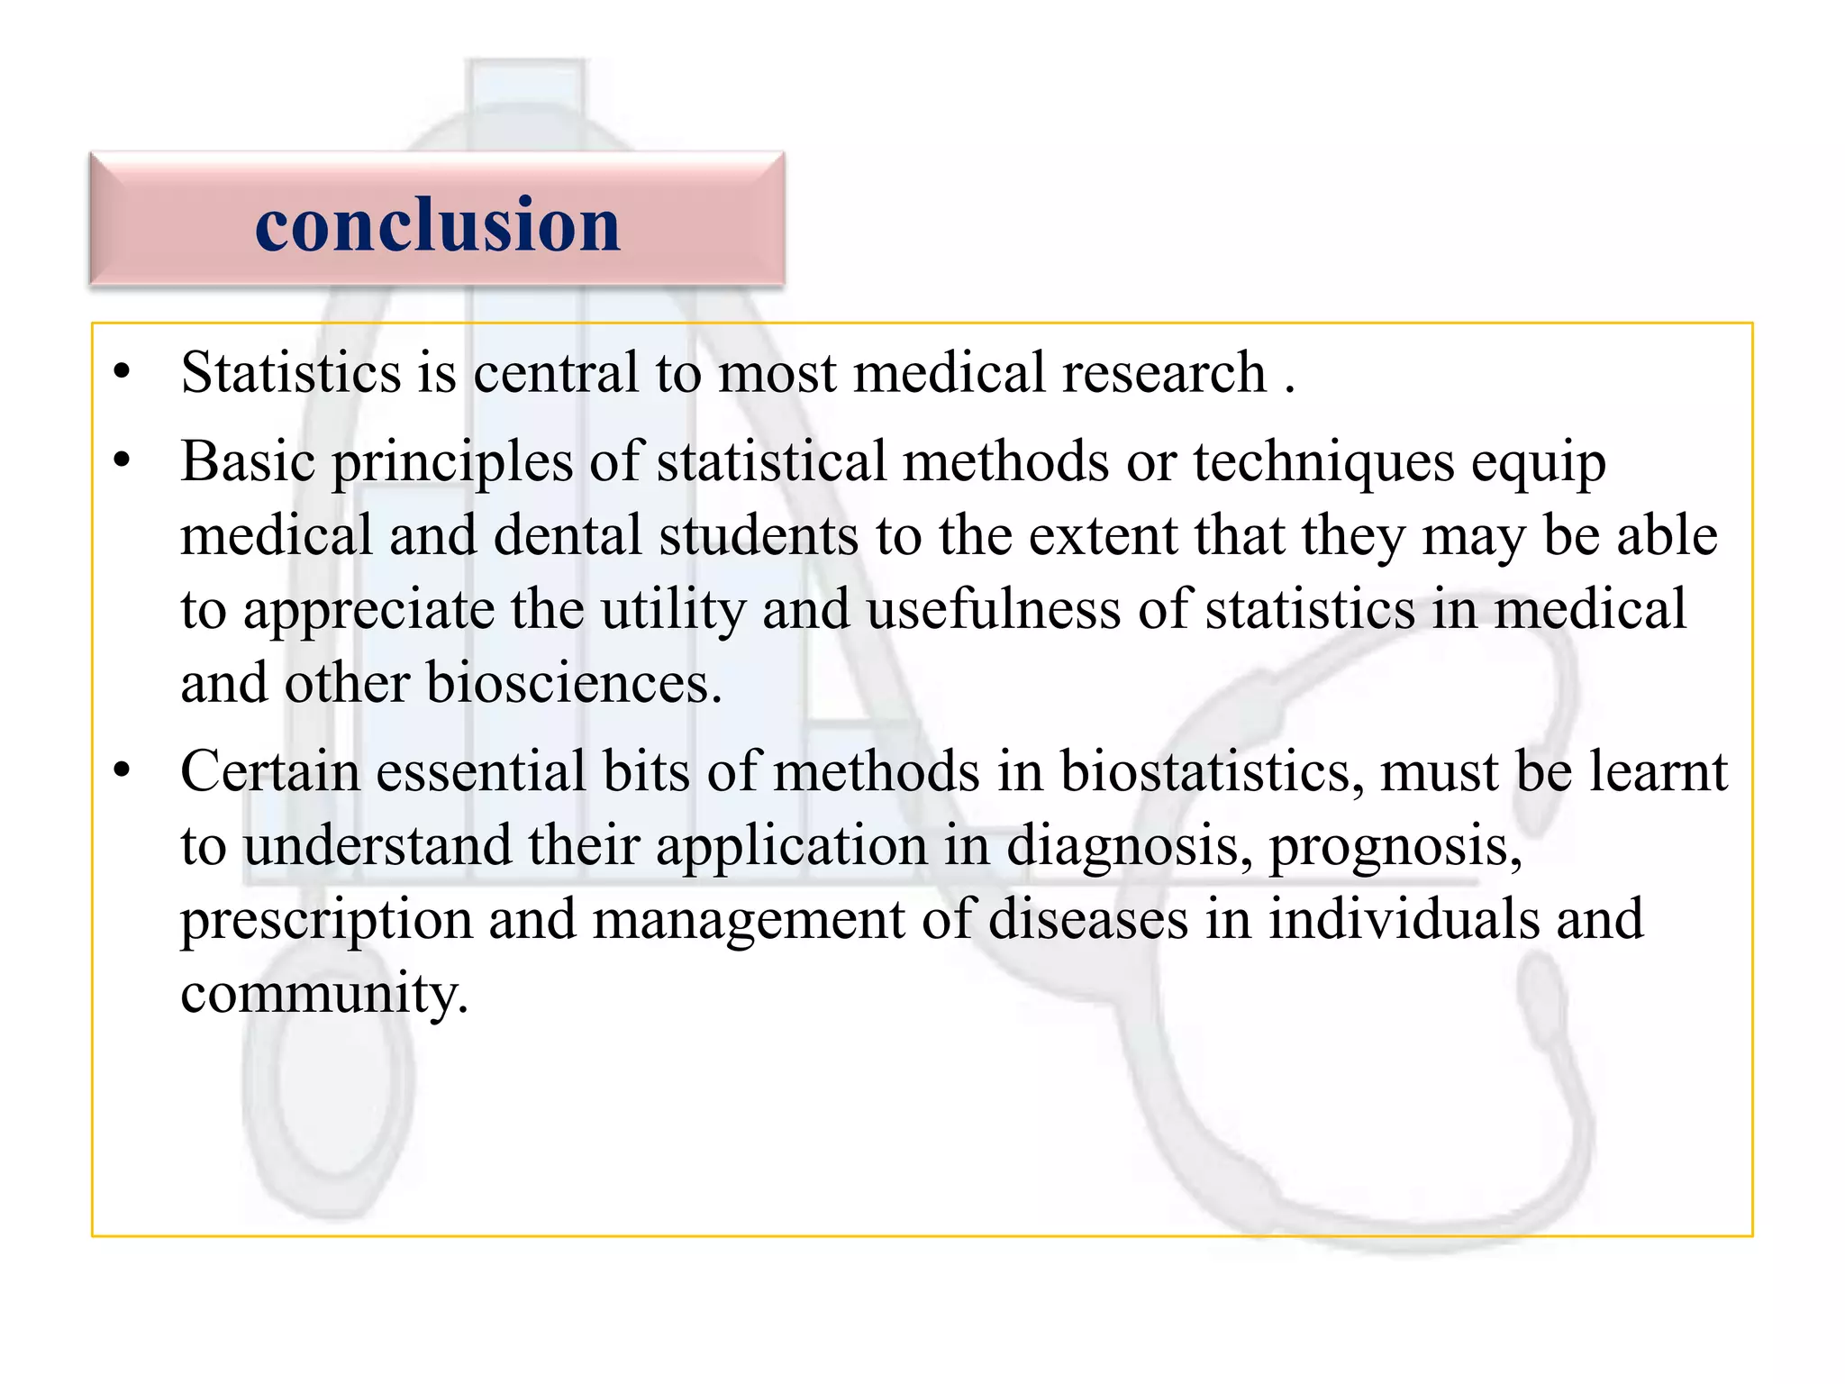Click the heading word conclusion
(x=438, y=224)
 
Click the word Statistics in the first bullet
(x=290, y=373)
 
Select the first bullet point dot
(x=123, y=372)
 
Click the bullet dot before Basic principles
(x=123, y=461)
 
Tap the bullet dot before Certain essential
(x=123, y=771)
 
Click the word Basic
(x=248, y=462)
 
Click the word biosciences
(x=574, y=684)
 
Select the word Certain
(x=269, y=772)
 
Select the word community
(x=323, y=995)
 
